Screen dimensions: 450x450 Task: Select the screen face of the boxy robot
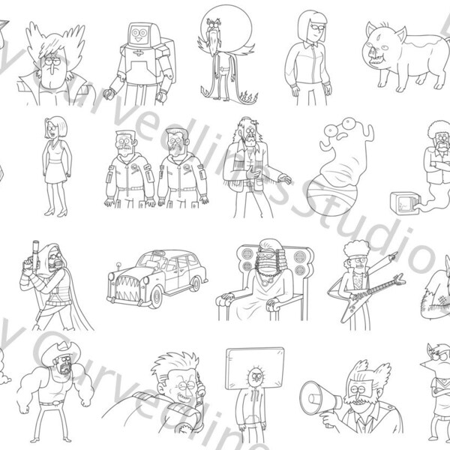coord(137,33)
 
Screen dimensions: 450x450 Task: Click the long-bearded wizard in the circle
coord(222,52)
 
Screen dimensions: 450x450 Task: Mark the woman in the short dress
coord(55,165)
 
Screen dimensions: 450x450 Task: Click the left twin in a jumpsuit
coord(128,169)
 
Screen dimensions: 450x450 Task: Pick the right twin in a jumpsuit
coord(181,169)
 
